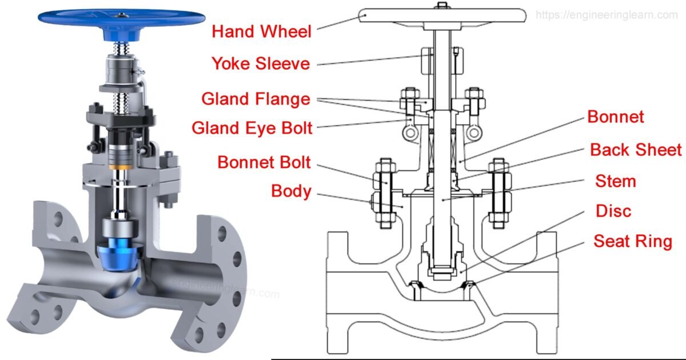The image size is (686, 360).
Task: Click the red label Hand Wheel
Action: point(261,31)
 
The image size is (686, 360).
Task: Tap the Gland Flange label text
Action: point(256,99)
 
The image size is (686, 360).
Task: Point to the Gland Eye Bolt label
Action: point(252,127)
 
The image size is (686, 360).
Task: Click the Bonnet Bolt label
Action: point(264,162)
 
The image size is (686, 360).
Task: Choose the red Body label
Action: point(291,191)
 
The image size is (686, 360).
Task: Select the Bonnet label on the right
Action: point(616,117)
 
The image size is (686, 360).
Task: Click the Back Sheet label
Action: point(636,150)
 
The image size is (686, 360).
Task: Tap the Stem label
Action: point(615,182)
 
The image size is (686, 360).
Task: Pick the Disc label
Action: point(613,211)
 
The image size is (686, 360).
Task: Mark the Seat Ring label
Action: point(633,241)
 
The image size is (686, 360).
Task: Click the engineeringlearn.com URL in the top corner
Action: point(606,15)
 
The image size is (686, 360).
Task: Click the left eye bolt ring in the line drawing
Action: point(407,133)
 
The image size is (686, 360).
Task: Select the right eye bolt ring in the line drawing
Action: point(472,133)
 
